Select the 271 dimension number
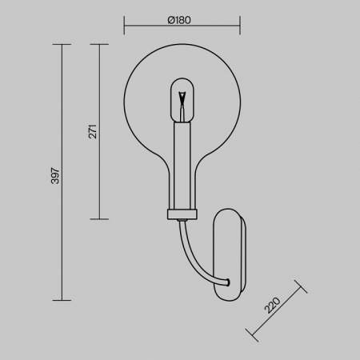pos(92,130)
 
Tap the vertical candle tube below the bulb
pos(183,164)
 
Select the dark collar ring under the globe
pos(183,213)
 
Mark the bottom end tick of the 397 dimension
pos(62,300)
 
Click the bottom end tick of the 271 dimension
pos(99,218)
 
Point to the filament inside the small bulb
pos(183,99)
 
